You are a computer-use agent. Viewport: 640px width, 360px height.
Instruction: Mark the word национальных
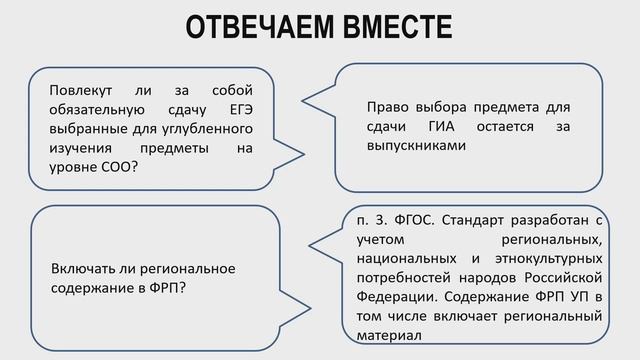pyautogui.click(x=400, y=258)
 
